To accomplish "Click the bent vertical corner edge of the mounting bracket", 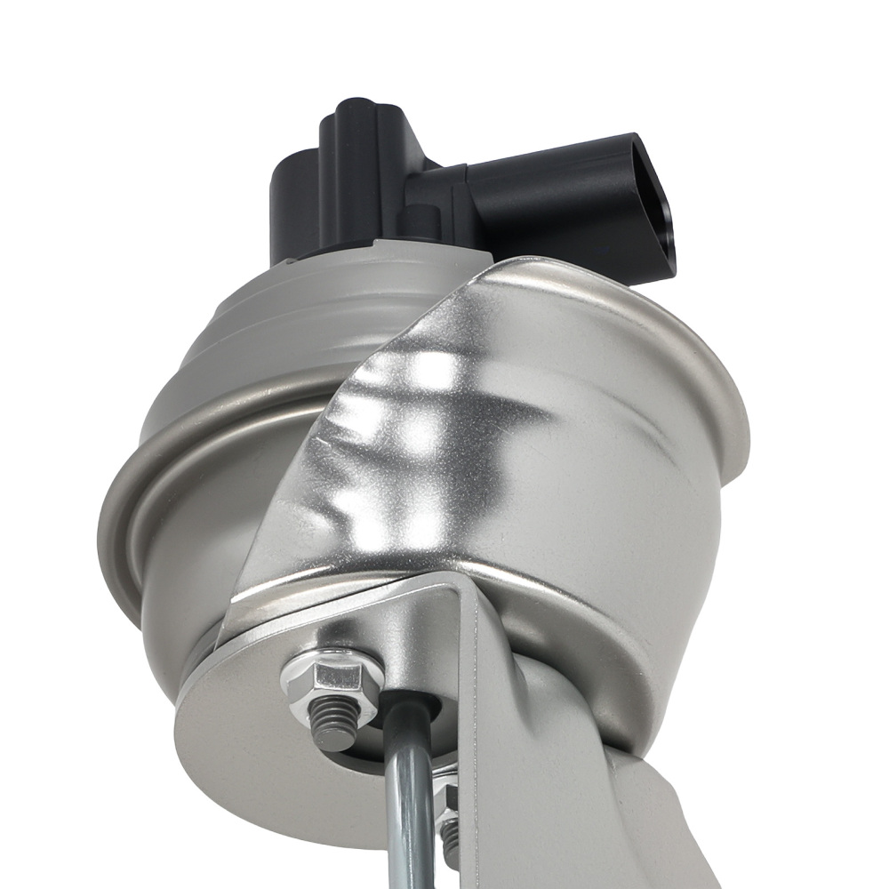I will [480, 711].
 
